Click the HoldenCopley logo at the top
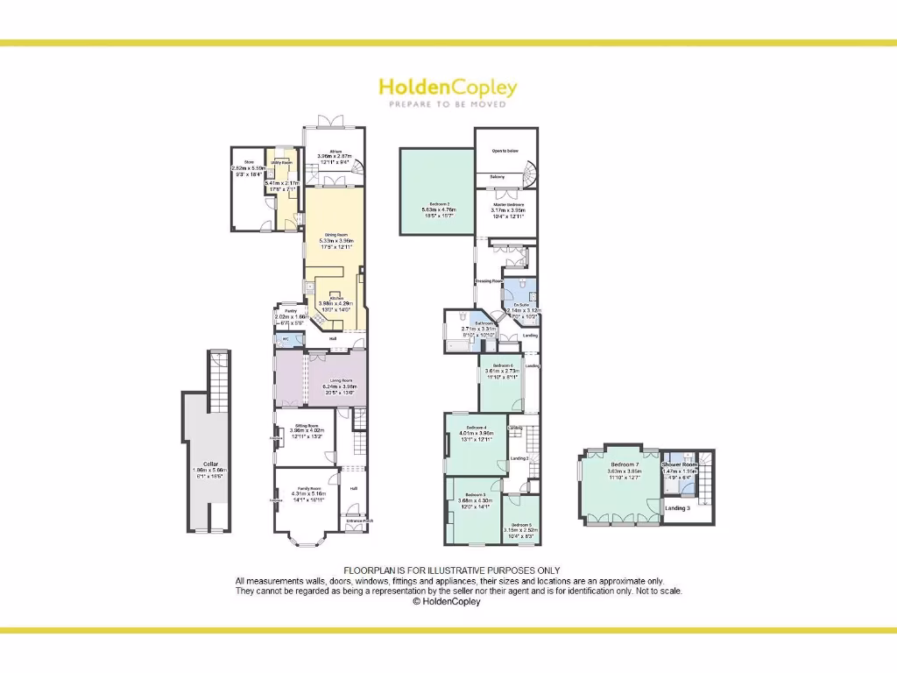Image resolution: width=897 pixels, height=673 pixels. (448, 88)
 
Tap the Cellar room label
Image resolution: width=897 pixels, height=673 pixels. (209, 464)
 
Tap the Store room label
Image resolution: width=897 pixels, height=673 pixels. (249, 162)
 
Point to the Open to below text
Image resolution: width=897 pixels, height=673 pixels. (505, 151)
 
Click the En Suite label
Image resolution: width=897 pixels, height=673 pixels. (521, 304)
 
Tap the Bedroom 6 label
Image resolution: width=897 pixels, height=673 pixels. (503, 365)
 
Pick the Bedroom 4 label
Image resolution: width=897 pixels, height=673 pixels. (476, 427)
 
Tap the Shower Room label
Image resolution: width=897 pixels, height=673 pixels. (680, 464)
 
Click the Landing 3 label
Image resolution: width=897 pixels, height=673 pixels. (676, 508)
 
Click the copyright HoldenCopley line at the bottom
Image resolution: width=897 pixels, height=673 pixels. (447, 601)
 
